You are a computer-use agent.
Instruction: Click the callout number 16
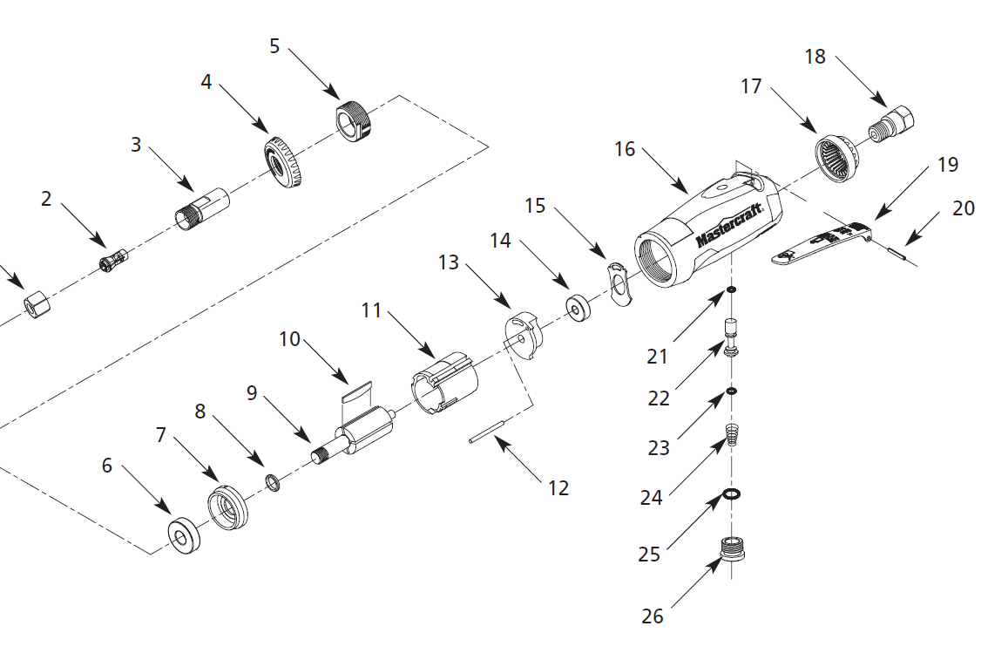pyautogui.click(x=625, y=149)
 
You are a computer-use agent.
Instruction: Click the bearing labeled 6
pyautogui.click(x=184, y=534)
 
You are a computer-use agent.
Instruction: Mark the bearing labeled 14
pyautogui.click(x=577, y=309)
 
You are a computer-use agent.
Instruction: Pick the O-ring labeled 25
pyautogui.click(x=732, y=495)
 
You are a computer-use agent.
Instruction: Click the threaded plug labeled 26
pyautogui.click(x=734, y=552)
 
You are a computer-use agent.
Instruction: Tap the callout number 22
pyautogui.click(x=659, y=398)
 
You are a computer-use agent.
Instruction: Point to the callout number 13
pyautogui.click(x=448, y=262)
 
